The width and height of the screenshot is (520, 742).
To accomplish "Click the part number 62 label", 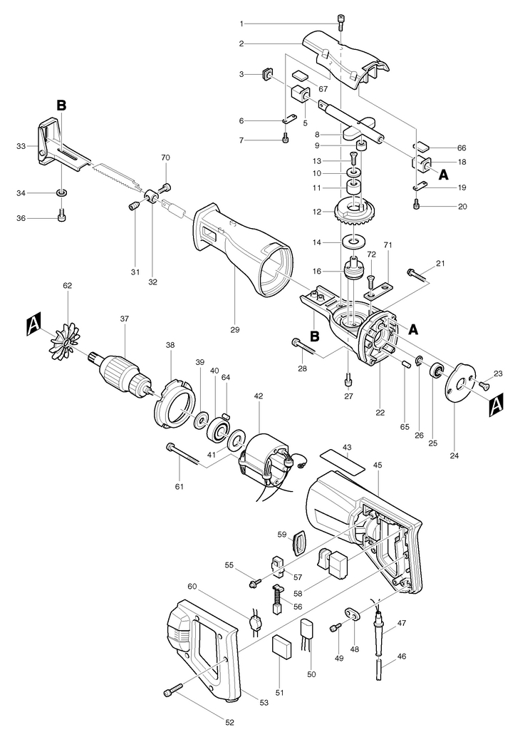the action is tap(68, 285).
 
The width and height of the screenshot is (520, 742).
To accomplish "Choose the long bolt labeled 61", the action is tap(186, 455).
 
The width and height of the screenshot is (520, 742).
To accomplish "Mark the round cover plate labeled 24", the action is tap(461, 382).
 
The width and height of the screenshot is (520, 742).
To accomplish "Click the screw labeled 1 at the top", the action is tap(340, 21).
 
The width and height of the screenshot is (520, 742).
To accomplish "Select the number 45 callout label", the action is tap(377, 465).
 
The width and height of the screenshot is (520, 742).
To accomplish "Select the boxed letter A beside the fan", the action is tap(33, 326).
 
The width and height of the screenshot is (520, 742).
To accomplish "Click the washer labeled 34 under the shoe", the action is tap(61, 192).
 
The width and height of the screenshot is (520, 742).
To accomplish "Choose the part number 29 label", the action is tap(235, 329).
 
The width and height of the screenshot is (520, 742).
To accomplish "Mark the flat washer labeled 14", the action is tap(351, 242).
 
